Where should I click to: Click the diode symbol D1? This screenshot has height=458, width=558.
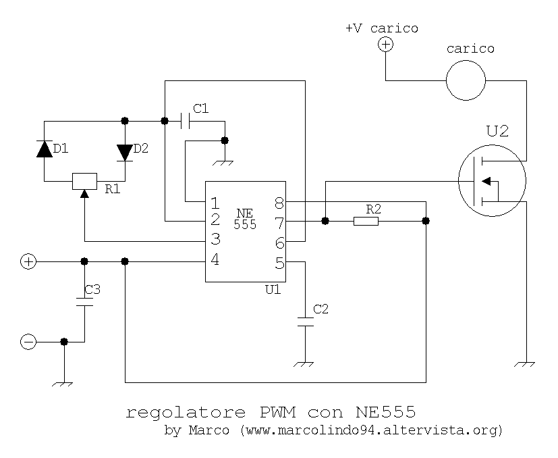tap(45, 150)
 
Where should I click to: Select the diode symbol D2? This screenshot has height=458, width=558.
tap(125, 152)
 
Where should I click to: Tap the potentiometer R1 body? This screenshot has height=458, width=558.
tap(85, 181)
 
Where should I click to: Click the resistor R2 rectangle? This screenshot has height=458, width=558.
tap(366, 221)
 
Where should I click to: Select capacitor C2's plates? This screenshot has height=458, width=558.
tap(305, 322)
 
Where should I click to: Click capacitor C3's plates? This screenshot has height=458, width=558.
tap(85, 301)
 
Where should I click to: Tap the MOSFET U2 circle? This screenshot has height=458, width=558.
tap(492, 180)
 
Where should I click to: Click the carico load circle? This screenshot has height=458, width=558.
tap(466, 80)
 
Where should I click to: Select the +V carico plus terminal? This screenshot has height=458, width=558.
tap(385, 45)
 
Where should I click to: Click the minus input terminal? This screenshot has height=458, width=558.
tap(28, 342)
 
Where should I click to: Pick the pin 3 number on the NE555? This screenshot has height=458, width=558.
tap(215, 239)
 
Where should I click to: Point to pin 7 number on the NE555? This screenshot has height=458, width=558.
tap(279, 221)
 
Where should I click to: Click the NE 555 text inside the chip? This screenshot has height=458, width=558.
tap(245, 219)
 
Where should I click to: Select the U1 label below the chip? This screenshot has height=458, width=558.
tap(273, 289)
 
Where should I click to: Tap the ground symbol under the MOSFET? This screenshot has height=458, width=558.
tap(525, 365)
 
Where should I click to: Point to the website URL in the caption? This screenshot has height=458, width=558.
tap(371, 430)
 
